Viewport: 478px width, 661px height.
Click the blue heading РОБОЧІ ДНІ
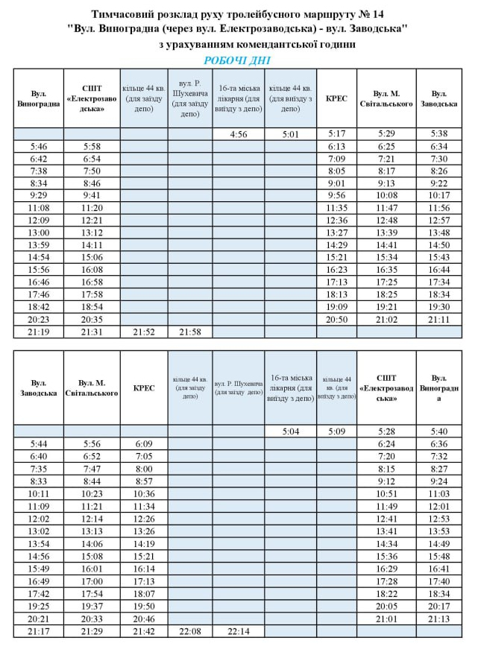237,60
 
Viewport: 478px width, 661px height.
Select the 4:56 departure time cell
238,134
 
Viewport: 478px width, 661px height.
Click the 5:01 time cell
290,134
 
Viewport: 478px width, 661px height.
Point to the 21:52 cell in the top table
144,332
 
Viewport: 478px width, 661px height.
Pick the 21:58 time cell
189,332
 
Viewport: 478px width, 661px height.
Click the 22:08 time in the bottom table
189,631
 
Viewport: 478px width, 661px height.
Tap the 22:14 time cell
238,631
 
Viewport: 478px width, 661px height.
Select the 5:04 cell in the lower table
290,431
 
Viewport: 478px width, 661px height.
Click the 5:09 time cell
336,431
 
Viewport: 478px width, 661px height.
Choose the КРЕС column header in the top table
336,98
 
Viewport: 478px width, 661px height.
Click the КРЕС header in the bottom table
144,388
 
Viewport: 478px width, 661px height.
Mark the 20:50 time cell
336,318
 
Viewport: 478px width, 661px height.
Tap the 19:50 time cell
144,606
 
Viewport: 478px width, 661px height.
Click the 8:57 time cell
144,481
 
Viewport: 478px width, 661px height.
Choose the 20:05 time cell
386,606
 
